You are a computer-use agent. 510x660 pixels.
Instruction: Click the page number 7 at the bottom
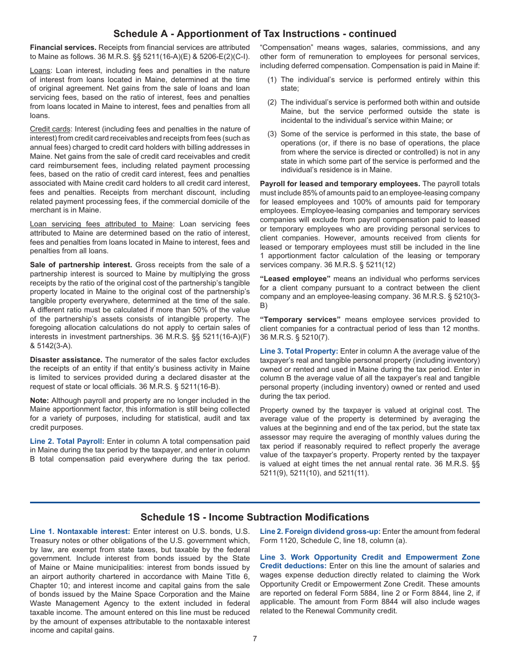(x=255, y=639)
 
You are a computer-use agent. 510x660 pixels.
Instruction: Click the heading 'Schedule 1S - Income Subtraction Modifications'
(x=255, y=517)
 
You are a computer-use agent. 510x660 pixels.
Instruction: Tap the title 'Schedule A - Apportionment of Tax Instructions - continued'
(x=255, y=34)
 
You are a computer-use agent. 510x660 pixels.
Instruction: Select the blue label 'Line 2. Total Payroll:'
(x=67, y=441)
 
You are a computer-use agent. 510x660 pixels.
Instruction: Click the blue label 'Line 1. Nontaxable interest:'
(x=80, y=532)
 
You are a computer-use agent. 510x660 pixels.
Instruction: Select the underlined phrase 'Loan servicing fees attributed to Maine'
(x=101, y=224)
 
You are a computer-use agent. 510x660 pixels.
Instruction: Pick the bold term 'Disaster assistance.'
(x=66, y=360)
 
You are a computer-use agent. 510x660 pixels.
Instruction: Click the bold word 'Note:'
(x=39, y=400)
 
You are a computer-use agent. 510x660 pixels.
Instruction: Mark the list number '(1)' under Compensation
(x=273, y=79)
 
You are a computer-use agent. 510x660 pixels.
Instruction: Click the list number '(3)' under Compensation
(x=273, y=134)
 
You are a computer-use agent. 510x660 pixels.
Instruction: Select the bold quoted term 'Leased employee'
(x=295, y=278)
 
